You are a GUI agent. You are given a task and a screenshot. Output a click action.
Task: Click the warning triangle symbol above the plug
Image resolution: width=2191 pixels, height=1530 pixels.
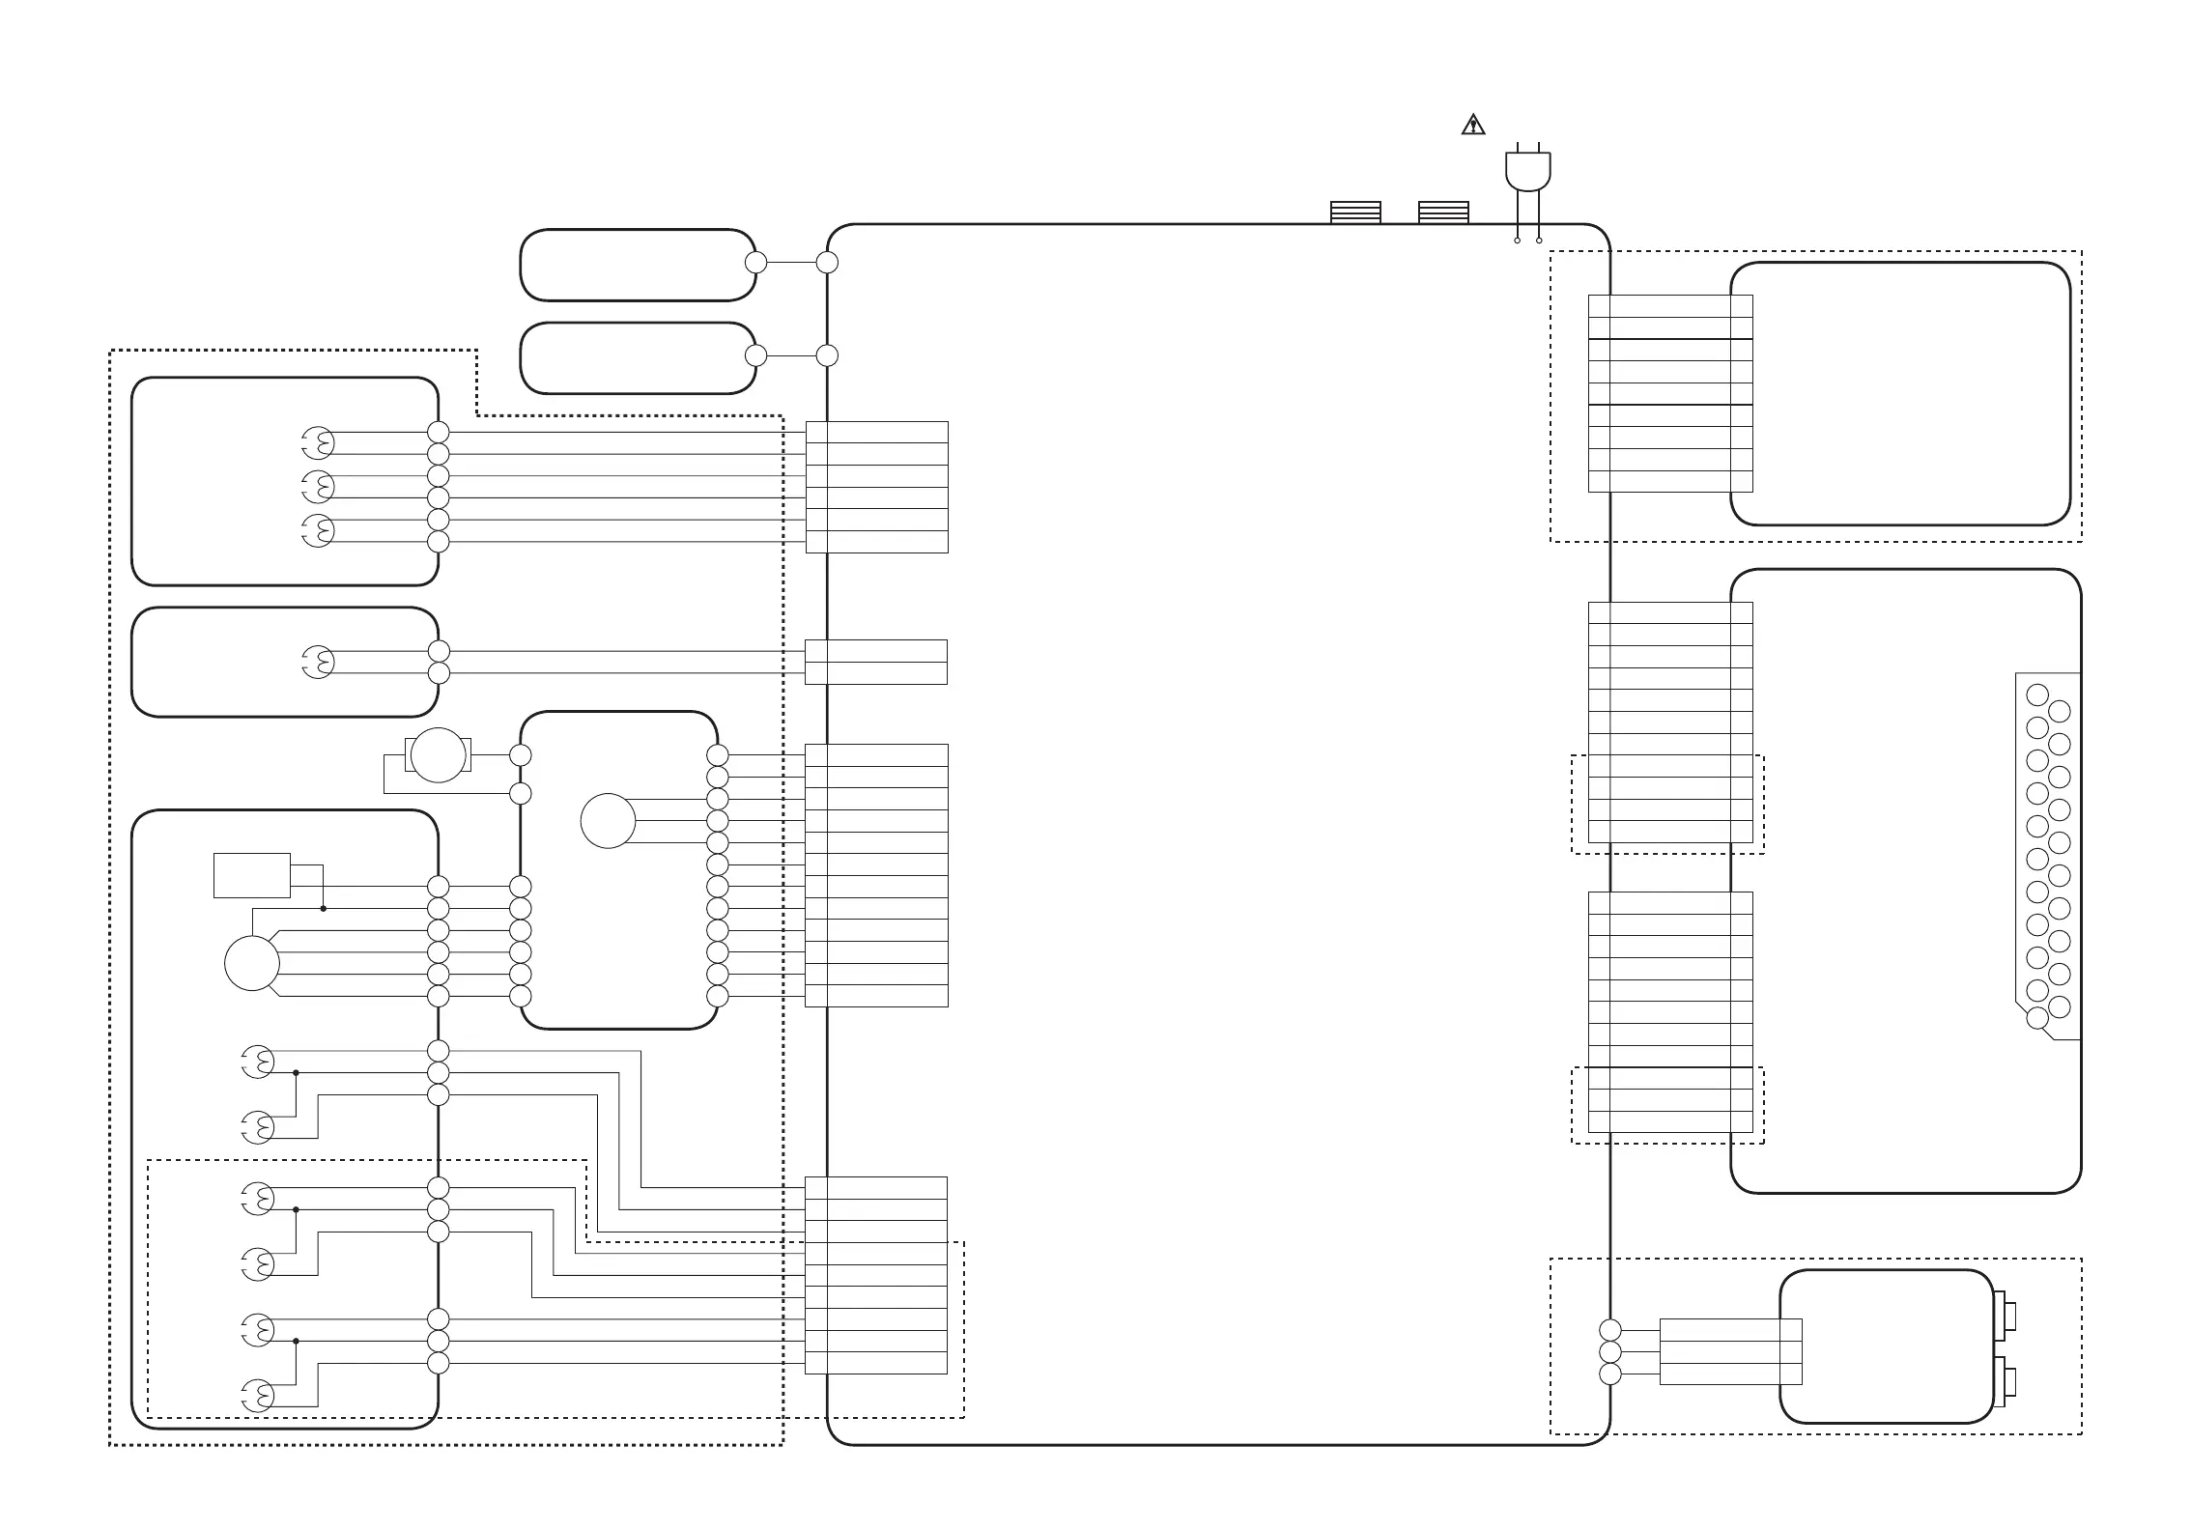tap(1472, 125)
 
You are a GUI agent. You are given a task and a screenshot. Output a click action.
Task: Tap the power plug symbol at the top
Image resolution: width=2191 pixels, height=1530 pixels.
tap(1527, 171)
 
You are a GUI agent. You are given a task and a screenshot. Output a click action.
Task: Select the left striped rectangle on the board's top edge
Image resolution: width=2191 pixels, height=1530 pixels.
tap(1355, 212)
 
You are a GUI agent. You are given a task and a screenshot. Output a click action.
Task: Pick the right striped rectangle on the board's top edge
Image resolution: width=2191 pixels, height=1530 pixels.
tap(1443, 212)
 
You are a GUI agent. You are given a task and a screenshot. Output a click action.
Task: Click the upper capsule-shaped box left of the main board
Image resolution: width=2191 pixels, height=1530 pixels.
tap(638, 265)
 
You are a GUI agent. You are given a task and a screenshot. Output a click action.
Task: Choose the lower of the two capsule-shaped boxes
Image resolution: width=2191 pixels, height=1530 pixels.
tap(638, 358)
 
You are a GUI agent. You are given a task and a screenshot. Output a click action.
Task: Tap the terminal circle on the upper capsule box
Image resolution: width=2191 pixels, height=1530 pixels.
tap(756, 262)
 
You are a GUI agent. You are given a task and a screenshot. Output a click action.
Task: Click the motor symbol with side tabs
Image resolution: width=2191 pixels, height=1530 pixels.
tap(439, 755)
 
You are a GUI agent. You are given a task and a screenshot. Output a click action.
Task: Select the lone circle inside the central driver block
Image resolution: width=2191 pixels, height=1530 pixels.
tap(608, 821)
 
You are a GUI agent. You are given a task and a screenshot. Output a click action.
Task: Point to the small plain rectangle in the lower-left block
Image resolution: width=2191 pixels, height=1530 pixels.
tap(252, 875)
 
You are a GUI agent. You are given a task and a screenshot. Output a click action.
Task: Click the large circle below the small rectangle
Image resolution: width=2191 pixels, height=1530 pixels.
tap(252, 963)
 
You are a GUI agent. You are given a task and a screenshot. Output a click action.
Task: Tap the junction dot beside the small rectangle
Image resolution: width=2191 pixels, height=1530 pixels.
tap(324, 909)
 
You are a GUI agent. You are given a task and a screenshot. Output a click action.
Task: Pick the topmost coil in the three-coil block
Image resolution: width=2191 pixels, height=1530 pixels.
tap(319, 443)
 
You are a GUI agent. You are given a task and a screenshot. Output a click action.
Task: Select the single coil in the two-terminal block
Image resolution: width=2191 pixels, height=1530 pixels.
tap(319, 662)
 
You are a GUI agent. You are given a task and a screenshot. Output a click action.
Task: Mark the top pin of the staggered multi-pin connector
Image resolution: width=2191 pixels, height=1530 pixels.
tap(2037, 694)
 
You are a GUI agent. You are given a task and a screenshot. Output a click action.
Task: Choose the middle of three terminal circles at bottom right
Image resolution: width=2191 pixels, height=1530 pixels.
tap(1610, 1352)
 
